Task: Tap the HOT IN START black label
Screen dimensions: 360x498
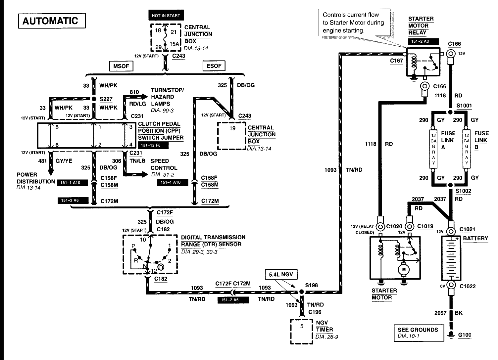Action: click(166, 16)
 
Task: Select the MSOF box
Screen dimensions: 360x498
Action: click(121, 66)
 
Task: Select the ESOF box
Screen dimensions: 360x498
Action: click(214, 66)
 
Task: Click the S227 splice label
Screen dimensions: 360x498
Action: click(106, 99)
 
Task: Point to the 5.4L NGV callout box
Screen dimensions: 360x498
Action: click(281, 274)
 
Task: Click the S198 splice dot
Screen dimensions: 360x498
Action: click(301, 292)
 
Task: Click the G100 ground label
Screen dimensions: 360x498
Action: click(464, 335)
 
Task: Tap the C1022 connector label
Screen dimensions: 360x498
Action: click(468, 286)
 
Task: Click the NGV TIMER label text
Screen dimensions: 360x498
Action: click(324, 326)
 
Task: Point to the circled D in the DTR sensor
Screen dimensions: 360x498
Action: click(161, 267)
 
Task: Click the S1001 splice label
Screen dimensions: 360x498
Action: click(464, 106)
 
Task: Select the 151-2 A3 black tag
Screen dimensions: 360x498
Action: click(423, 42)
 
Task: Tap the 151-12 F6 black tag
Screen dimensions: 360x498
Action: click(153, 146)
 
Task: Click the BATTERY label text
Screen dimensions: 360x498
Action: click(475, 238)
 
